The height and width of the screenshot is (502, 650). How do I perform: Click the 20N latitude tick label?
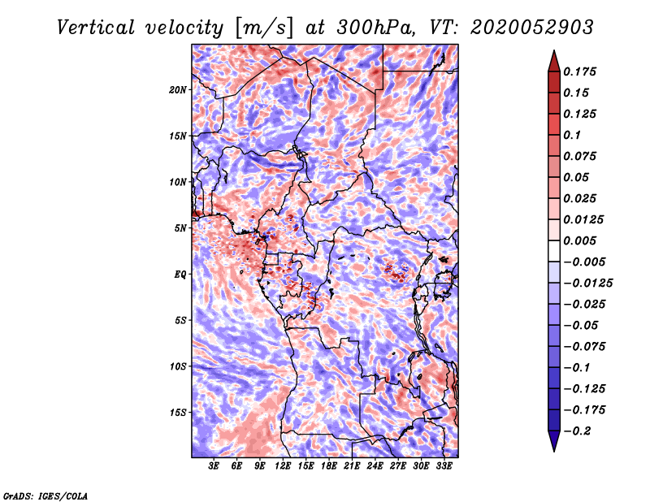pyautogui.click(x=178, y=90)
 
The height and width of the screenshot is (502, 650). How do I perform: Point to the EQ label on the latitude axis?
pyautogui.click(x=180, y=275)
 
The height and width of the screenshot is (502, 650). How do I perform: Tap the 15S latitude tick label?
pyautogui.click(x=178, y=413)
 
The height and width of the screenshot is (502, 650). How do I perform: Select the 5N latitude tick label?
pyautogui.click(x=180, y=228)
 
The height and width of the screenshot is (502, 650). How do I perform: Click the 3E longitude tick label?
pyautogui.click(x=214, y=466)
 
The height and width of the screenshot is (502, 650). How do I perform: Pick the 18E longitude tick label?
pyautogui.click(x=329, y=466)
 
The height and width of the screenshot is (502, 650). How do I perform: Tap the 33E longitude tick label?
pyautogui.click(x=444, y=466)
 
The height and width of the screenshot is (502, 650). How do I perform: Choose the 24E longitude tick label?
pyautogui.click(x=375, y=466)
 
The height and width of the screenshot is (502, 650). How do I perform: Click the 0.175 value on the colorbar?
pyautogui.click(x=579, y=71)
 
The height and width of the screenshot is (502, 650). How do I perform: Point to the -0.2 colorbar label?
pyautogui.click(x=577, y=431)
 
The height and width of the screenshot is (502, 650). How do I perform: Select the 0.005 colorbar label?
pyautogui.click(x=579, y=240)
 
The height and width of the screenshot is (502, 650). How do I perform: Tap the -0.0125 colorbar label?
pyautogui.click(x=587, y=283)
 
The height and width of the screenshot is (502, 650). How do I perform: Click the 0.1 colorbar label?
pyautogui.click(x=572, y=135)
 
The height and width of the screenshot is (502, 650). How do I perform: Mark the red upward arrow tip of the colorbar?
pyautogui.click(x=554, y=50)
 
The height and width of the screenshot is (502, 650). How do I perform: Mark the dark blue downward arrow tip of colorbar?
pyautogui.click(x=554, y=451)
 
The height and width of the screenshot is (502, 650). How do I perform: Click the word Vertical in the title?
pyautogui.click(x=96, y=28)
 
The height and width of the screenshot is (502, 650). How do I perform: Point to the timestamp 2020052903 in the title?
pyautogui.click(x=532, y=28)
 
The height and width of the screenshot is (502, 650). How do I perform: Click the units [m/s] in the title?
pyautogui.click(x=263, y=28)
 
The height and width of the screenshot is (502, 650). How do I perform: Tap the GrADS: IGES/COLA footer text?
pyautogui.click(x=45, y=496)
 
